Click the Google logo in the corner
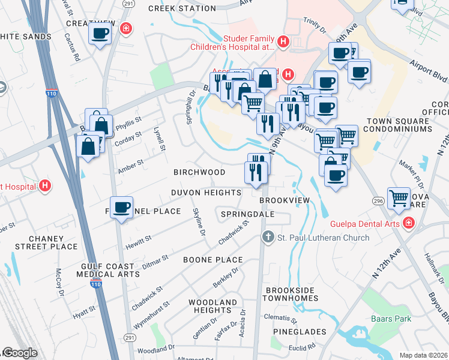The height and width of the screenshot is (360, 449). coord(19,353)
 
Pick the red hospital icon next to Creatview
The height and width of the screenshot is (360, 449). coord(125,28)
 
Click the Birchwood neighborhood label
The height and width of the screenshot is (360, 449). coord(199,172)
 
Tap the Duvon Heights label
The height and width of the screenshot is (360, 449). coord(206,193)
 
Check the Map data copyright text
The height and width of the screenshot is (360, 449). coord(423,355)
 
